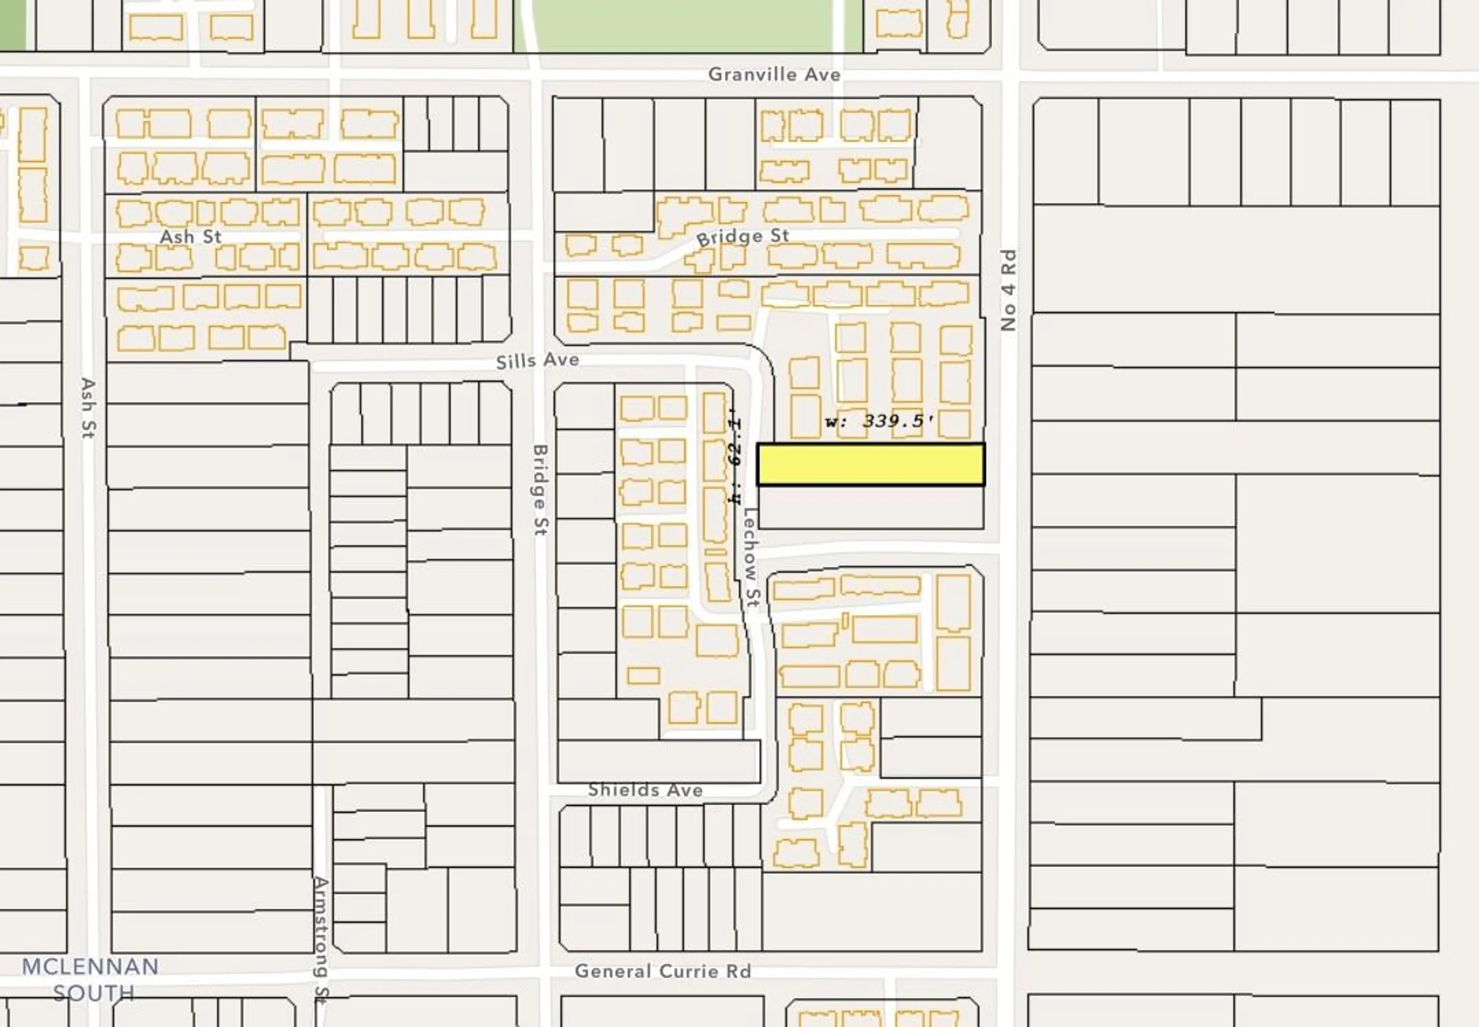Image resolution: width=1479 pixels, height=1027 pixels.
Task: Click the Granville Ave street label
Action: (774, 75)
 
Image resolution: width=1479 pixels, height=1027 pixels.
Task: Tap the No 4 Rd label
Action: (1008, 290)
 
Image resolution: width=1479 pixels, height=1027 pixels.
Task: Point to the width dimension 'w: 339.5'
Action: (879, 422)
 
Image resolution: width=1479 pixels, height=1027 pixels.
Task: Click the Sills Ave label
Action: (537, 360)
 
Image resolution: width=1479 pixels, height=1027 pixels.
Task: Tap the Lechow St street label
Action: (751, 557)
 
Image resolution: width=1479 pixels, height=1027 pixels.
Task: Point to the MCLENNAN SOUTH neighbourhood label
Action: (91, 979)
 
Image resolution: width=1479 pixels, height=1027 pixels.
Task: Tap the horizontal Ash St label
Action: (191, 237)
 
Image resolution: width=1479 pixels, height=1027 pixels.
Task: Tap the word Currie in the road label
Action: (685, 971)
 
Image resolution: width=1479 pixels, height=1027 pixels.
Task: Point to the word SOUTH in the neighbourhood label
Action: (94, 993)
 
